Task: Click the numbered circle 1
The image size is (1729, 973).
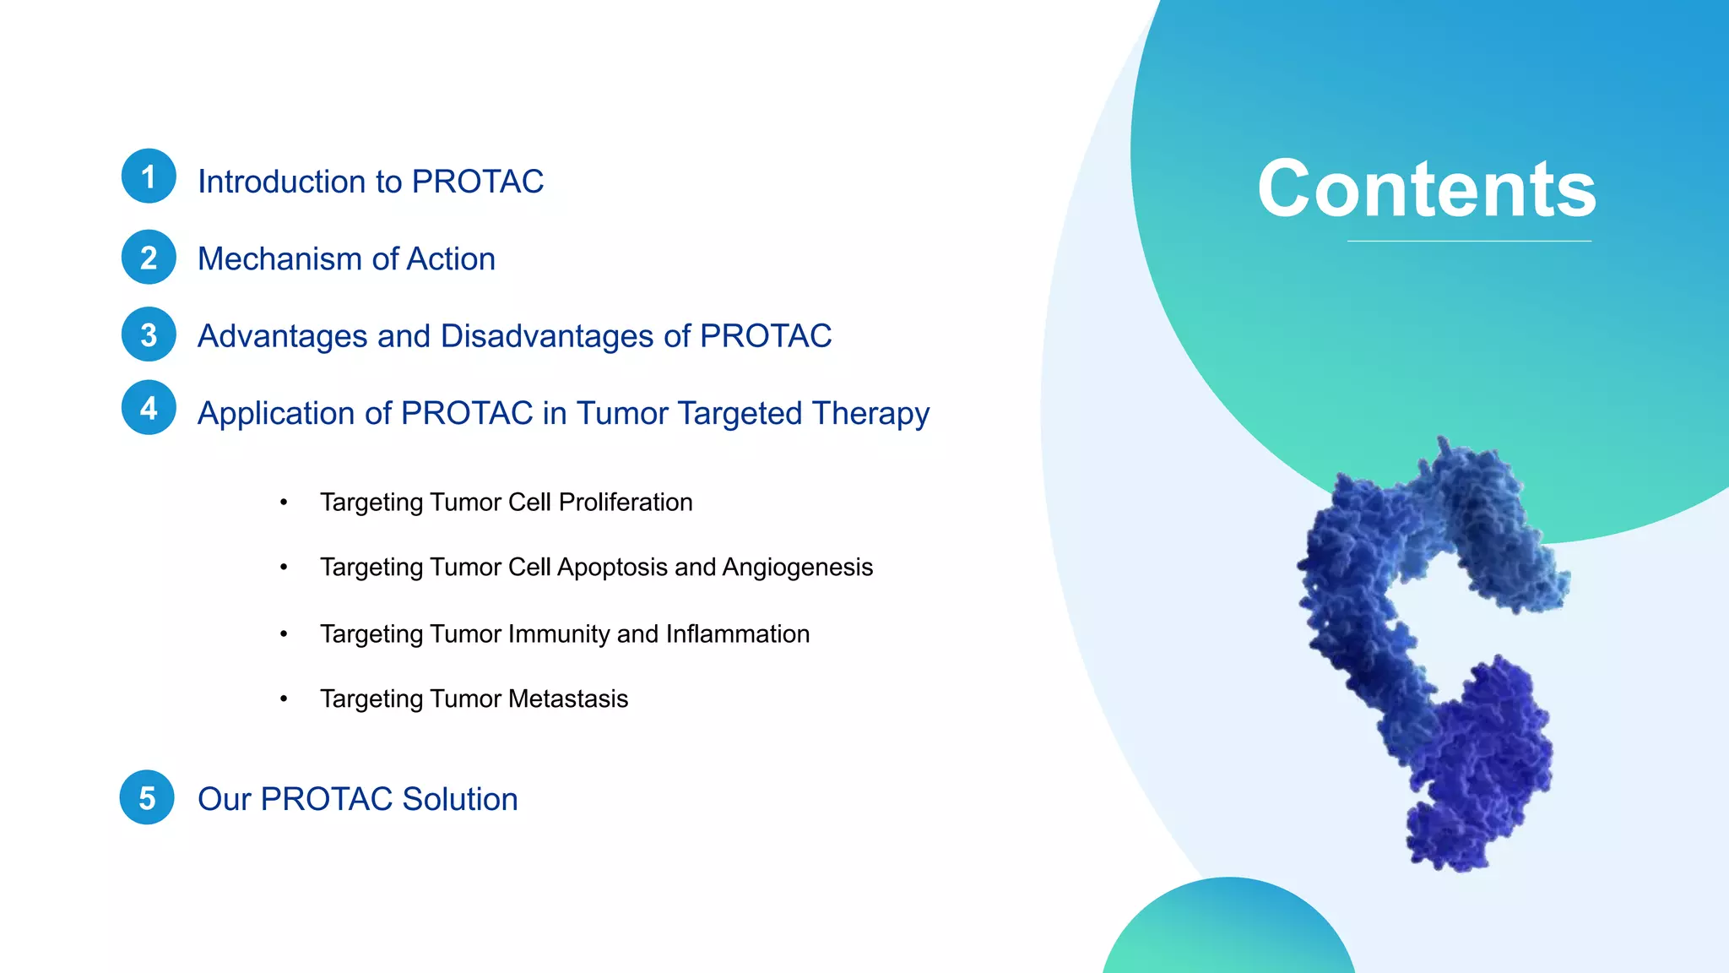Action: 149,177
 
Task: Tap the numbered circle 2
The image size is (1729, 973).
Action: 149,258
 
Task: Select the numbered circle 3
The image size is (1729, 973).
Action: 149,334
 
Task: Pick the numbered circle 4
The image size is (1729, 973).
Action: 149,408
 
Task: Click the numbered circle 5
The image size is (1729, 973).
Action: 147,797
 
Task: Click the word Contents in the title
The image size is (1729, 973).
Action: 1426,189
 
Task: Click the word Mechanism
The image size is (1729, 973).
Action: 279,259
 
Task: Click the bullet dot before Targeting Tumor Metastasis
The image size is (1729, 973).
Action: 285,698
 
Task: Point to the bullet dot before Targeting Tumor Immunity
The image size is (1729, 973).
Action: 285,633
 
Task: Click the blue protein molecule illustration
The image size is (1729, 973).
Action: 1427,659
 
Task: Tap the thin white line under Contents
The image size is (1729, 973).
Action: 1469,242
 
